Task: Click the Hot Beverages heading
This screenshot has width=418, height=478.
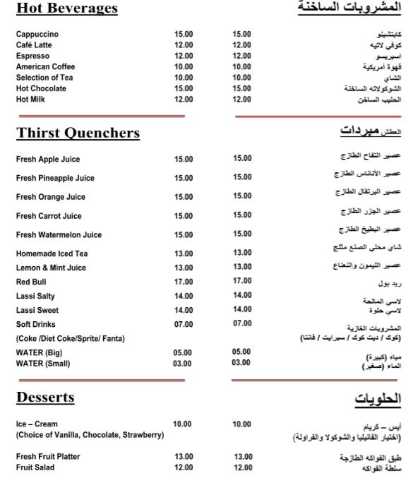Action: click(66, 9)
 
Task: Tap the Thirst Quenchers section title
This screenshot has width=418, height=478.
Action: click(78, 133)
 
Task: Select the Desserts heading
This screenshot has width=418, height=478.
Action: click(45, 398)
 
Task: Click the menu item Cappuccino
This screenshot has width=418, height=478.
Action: click(37, 34)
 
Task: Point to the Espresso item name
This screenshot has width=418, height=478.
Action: click(32, 56)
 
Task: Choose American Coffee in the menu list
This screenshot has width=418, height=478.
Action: click(45, 66)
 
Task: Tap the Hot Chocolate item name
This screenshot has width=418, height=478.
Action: click(41, 88)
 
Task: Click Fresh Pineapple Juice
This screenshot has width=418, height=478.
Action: click(55, 178)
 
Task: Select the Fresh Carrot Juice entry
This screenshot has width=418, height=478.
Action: click(49, 216)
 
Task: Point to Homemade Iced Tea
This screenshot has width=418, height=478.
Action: click(52, 253)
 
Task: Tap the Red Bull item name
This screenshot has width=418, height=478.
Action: click(31, 282)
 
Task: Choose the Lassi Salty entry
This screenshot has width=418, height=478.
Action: click(35, 296)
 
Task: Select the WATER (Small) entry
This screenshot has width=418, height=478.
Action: click(43, 364)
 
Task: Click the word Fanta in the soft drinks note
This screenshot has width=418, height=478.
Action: click(114, 339)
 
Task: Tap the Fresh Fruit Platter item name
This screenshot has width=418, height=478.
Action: click(48, 457)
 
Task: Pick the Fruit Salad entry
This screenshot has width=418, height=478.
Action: click(35, 467)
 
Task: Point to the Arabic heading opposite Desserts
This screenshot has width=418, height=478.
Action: click(377, 399)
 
